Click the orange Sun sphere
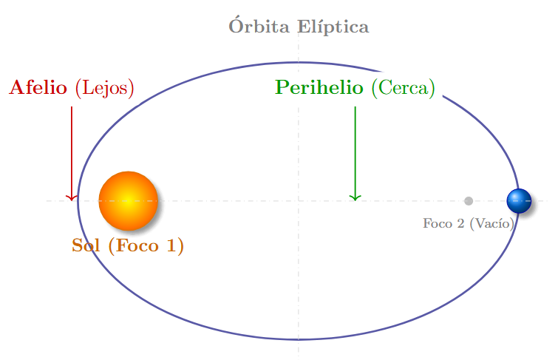tap(128, 200)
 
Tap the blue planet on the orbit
tap(519, 200)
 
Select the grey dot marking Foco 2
tap(468, 201)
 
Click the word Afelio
tap(38, 88)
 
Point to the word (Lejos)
tap(104, 89)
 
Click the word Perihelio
tap(319, 88)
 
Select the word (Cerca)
tap(403, 89)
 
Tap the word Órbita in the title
tap(260, 27)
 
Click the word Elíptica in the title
tap(333, 28)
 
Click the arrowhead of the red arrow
tap(72, 197)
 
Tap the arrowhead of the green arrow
tap(355, 197)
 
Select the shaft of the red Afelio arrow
tap(72, 148)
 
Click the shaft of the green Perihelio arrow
tap(355, 148)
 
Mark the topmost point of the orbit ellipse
tap(299, 63)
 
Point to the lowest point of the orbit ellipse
tap(299, 339)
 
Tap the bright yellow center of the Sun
tap(127, 200)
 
